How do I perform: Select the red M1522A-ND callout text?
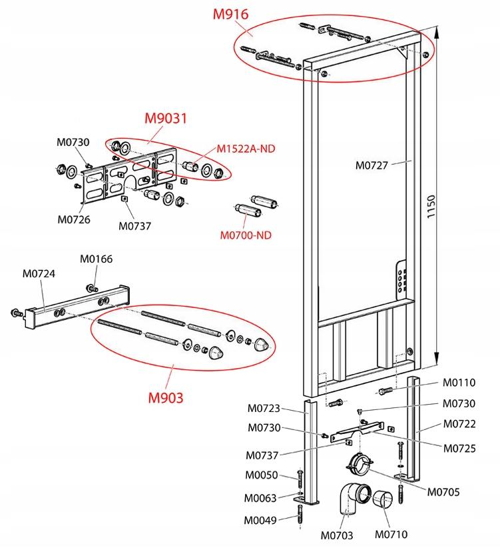(246, 149)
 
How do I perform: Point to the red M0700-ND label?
(246, 234)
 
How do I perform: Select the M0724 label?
(39, 273)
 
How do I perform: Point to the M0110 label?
(459, 382)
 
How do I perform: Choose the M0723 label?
(264, 409)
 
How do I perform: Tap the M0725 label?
(459, 449)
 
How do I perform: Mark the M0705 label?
(444, 492)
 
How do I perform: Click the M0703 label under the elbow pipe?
(337, 534)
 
